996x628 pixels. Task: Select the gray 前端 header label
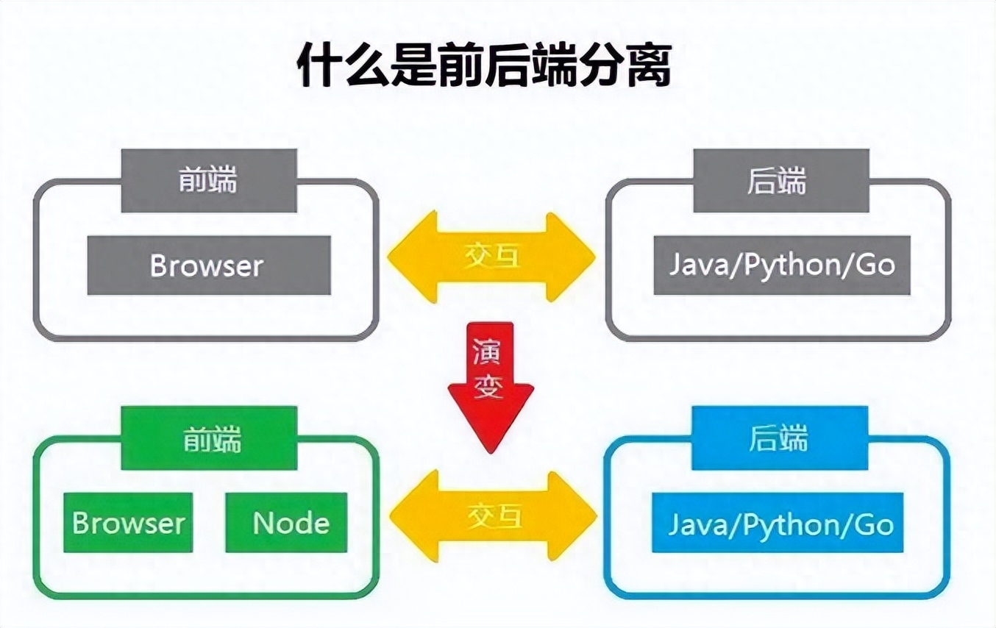coord(209,180)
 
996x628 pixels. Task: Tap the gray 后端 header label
coord(781,180)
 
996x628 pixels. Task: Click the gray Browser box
coord(208,265)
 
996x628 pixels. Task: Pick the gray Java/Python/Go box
coord(781,265)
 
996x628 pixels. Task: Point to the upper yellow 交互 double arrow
coord(491,257)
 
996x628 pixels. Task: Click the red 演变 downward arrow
coord(491,382)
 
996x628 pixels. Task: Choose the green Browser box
coord(129,523)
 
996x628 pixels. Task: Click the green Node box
coord(291,523)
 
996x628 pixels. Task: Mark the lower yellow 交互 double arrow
coord(492,518)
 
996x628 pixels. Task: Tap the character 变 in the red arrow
coord(489,386)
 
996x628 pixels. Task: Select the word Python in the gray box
coord(792,265)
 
